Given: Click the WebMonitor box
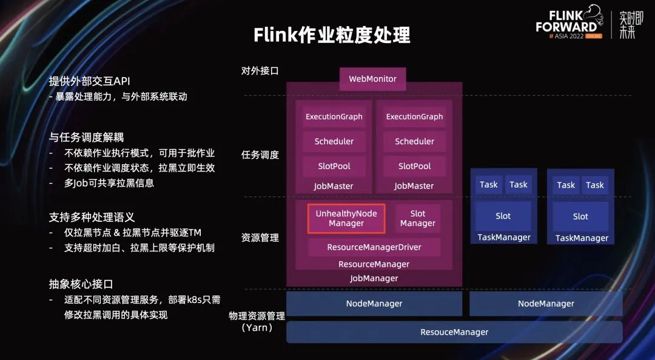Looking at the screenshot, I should point(372,79).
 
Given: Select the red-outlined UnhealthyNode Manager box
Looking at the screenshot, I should point(346,219).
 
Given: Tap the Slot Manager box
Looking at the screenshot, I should point(417,219).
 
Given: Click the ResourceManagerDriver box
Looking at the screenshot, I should point(374,247).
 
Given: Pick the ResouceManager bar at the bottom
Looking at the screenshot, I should point(454,332).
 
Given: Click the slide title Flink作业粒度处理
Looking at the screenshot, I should point(332,35).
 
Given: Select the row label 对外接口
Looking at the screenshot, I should point(260,71).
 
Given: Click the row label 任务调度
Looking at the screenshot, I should point(260,155).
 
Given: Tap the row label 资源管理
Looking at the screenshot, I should point(260,238).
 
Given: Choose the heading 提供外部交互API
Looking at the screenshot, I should point(90,81).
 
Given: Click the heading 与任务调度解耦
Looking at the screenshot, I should point(86,138).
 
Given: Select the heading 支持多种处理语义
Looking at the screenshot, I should point(92,217).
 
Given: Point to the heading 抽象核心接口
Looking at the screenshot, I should point(81,284).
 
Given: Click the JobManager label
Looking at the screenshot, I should point(374,278).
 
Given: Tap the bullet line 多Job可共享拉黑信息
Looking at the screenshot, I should point(109,183).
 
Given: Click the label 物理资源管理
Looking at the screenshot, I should point(257,315).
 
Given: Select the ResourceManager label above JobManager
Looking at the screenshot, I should point(374,264).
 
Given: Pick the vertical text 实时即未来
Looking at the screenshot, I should point(626,25).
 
